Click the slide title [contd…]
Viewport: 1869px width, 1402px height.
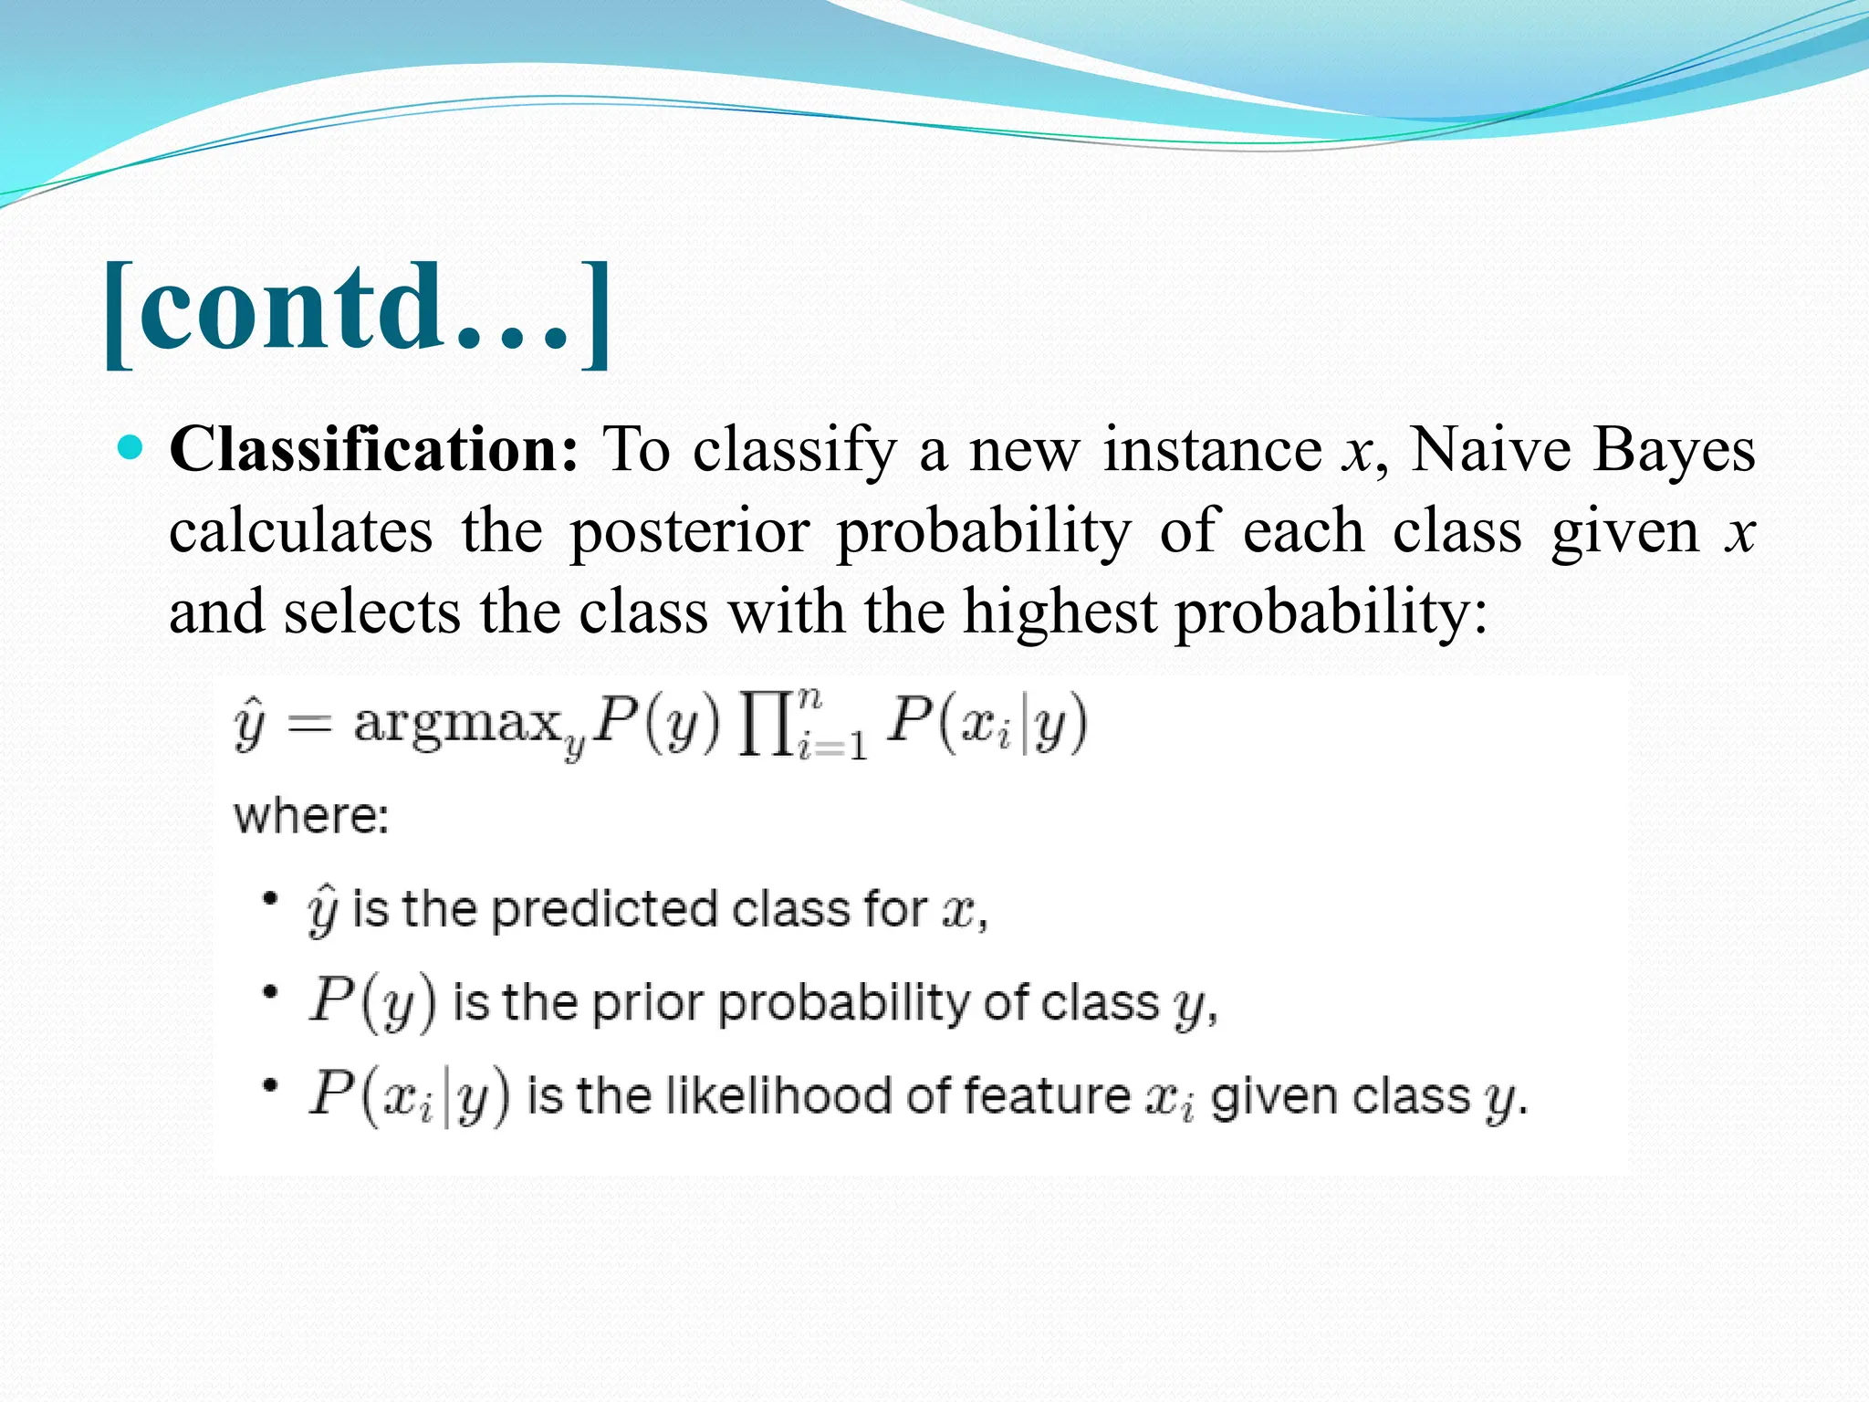click(356, 310)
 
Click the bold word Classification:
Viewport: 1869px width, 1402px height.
click(374, 449)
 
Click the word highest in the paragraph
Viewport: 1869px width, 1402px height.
click(1060, 611)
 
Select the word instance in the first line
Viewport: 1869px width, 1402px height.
click(1212, 449)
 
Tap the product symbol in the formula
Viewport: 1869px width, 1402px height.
click(765, 727)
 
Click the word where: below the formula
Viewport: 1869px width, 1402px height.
click(311, 815)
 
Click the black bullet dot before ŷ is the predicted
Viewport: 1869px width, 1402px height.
click(269, 899)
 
